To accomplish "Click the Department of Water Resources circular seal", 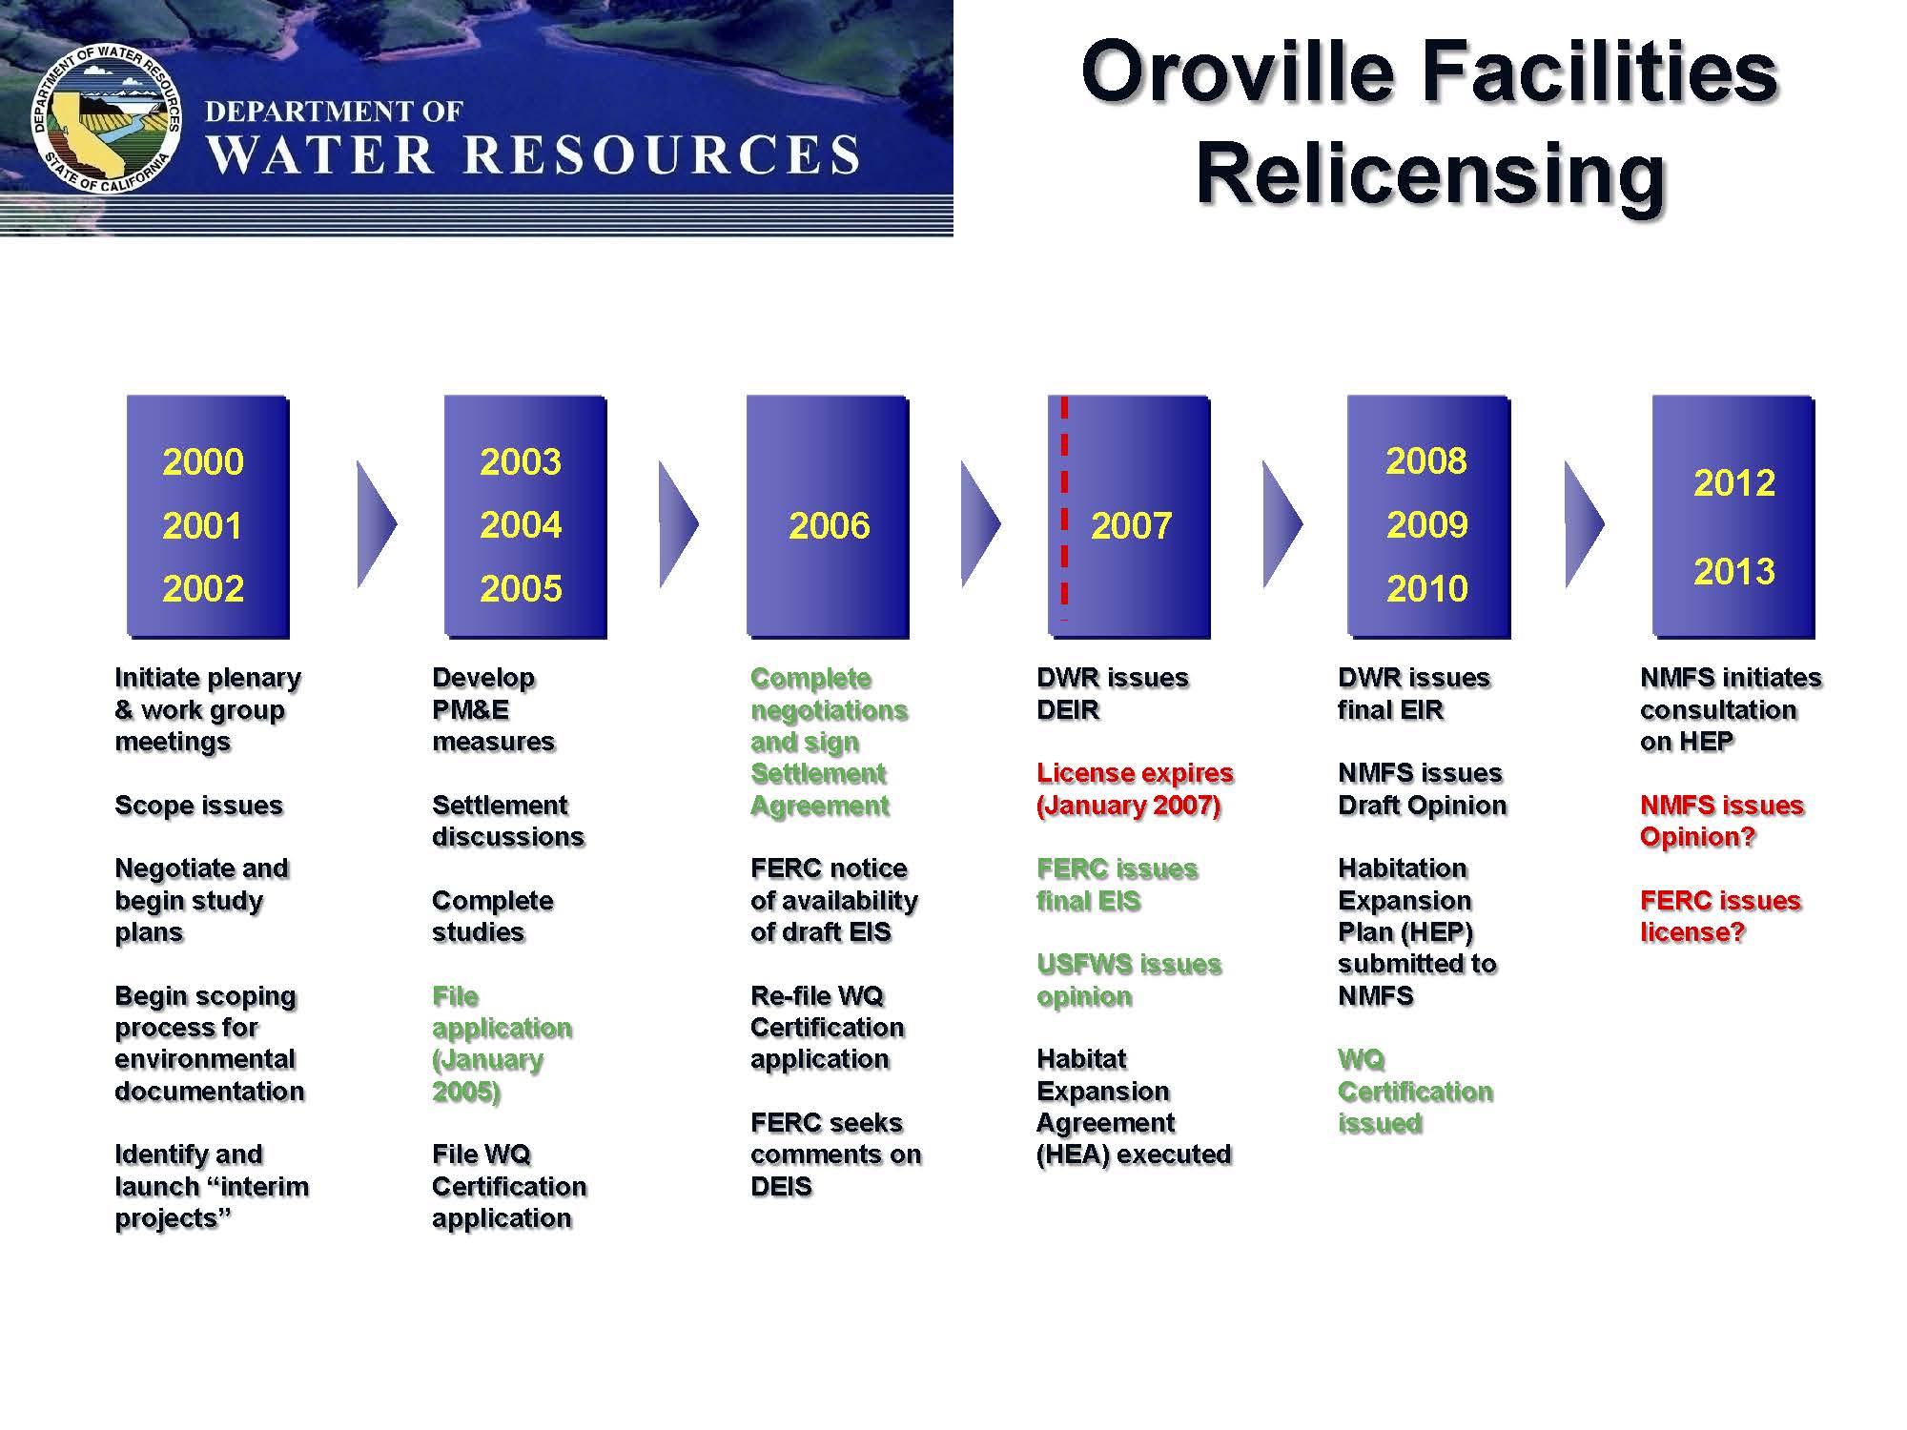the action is pos(106,118).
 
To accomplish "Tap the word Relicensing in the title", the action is pos(1430,174).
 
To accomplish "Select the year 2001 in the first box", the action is pos(202,525).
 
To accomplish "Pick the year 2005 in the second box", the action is pos(521,588).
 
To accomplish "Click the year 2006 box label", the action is pos(829,525).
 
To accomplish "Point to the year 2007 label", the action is pos(1131,525).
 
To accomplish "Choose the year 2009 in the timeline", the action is pos(1426,524).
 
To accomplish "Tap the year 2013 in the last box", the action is pos(1733,571).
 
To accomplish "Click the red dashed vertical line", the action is pos(1064,508).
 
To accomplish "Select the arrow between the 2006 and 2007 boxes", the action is pos(980,523).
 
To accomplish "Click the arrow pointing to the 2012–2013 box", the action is pos(1584,523).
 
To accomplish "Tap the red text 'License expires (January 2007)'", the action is pos(1135,789).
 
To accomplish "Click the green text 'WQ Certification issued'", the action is pos(1415,1091).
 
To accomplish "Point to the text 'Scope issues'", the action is pos(198,806).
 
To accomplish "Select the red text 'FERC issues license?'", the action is pos(1720,916).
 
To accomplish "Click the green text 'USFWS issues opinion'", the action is pos(1129,980).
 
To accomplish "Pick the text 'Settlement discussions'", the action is pos(507,821).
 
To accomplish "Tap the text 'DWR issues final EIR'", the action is pos(1413,693).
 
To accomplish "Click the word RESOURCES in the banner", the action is pos(662,155).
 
